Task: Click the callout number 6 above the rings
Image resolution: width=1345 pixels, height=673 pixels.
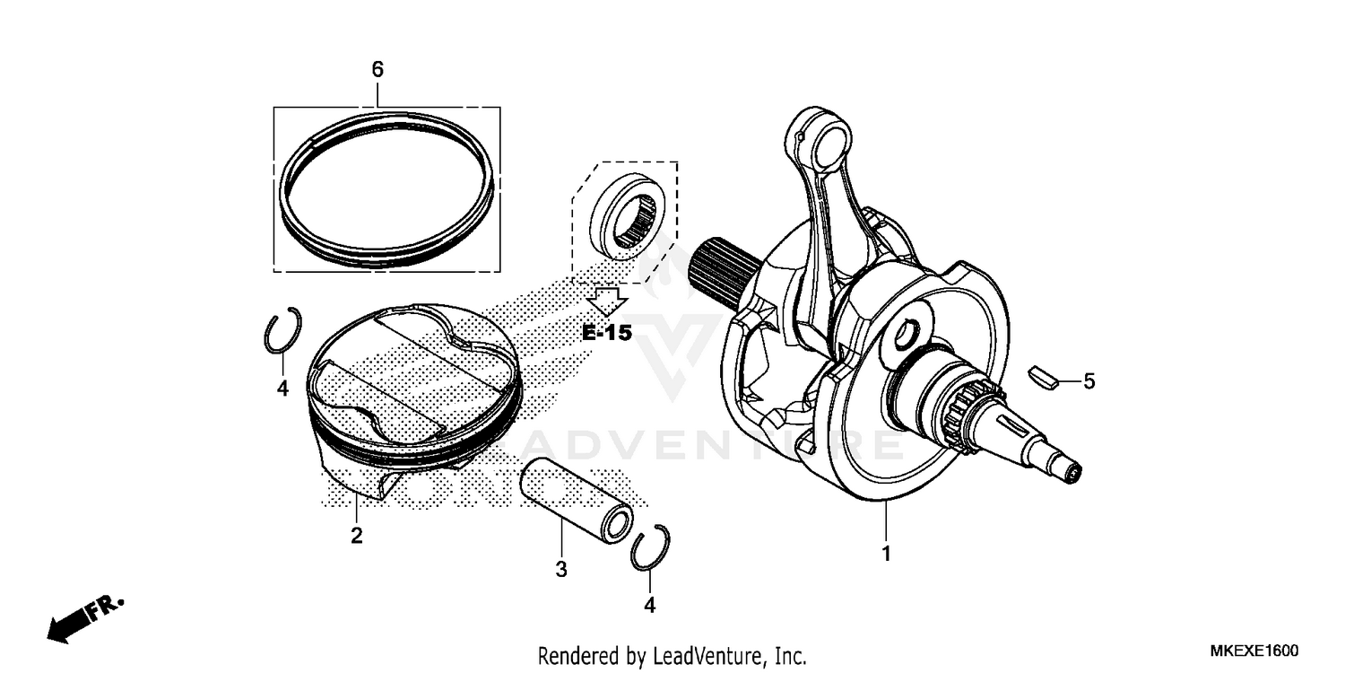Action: coord(377,69)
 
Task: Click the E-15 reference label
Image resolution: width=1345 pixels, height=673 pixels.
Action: coord(607,333)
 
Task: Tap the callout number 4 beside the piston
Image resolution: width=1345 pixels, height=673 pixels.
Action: coord(282,389)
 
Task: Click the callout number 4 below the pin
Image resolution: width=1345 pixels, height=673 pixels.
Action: coord(649,606)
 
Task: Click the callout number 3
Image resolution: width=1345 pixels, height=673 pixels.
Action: coord(561,568)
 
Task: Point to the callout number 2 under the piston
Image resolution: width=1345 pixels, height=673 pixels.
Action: coord(356,536)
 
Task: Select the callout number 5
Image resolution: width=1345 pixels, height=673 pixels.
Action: coord(1089,381)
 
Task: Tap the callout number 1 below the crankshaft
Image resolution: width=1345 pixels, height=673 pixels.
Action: coord(886,554)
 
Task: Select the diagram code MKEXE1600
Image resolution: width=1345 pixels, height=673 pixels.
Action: coord(1254,651)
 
